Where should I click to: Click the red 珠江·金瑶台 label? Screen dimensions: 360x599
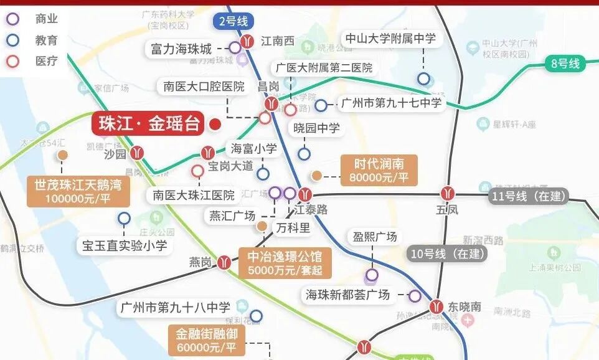[149, 124]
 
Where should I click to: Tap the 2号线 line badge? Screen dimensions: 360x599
[233, 21]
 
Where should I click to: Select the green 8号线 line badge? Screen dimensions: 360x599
[565, 63]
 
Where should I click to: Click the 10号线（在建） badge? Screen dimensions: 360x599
[448, 253]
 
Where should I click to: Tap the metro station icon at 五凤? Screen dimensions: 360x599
[446, 193]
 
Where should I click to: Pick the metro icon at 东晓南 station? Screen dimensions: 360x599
[436, 306]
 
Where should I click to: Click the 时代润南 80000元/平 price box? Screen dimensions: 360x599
[379, 170]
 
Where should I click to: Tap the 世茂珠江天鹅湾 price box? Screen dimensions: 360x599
[78, 191]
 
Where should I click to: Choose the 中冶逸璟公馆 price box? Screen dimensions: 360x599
[285, 263]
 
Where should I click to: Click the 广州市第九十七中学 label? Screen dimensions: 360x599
[391, 103]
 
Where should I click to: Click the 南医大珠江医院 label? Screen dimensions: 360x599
[194, 195]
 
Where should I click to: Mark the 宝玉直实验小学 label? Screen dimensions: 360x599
[125, 245]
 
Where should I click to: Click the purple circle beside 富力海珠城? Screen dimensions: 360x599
[235, 47]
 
